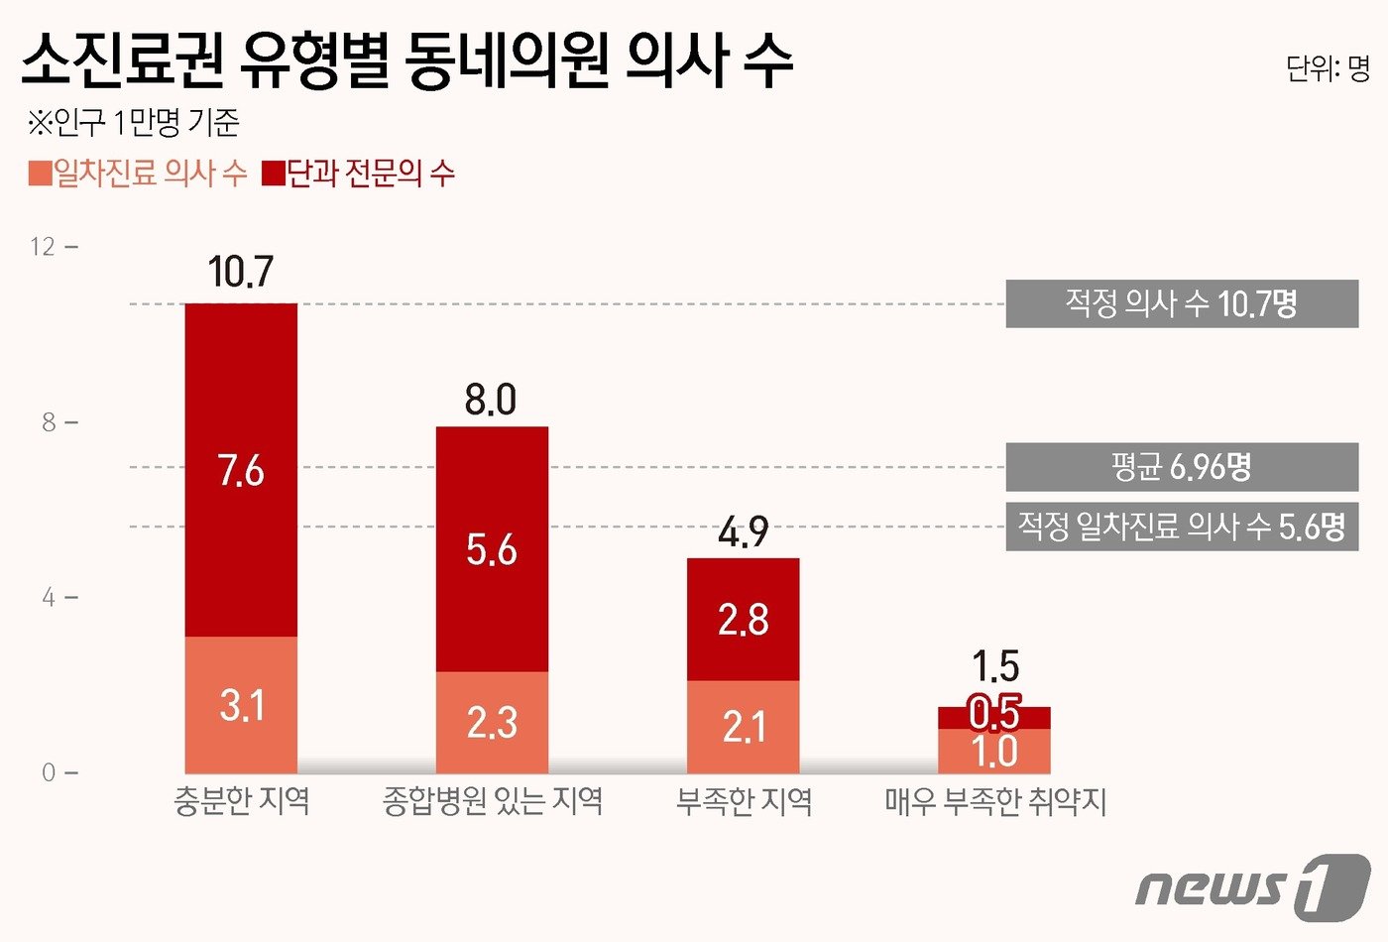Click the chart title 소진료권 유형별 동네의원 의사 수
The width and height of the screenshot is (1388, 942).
click(x=406, y=61)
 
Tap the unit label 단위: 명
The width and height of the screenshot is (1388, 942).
click(x=1328, y=68)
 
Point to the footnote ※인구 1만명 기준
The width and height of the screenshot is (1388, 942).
click(x=134, y=123)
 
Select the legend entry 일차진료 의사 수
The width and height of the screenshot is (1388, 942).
click(x=139, y=174)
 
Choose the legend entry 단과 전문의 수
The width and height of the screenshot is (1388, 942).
click(x=359, y=174)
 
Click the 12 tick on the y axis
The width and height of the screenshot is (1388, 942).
click(x=43, y=247)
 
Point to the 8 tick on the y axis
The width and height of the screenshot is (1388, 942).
click(x=49, y=422)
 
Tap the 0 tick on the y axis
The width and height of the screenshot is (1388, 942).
click(x=49, y=772)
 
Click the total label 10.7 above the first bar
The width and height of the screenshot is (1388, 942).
click(x=240, y=272)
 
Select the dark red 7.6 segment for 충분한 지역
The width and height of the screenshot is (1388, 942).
click(x=241, y=470)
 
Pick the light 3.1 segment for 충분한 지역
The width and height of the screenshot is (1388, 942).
click(x=241, y=705)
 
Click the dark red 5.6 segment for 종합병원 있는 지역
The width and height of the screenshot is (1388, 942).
click(x=492, y=548)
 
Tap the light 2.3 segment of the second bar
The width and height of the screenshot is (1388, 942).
click(x=492, y=723)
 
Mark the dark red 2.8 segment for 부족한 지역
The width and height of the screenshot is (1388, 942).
click(x=743, y=620)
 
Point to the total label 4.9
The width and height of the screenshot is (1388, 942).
click(x=743, y=532)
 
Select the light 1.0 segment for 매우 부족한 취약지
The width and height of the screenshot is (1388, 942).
click(x=994, y=752)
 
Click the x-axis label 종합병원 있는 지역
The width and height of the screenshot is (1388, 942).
click(x=493, y=801)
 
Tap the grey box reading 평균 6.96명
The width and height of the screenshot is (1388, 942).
click(x=1182, y=467)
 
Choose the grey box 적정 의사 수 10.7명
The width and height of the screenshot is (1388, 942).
click(x=1182, y=303)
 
